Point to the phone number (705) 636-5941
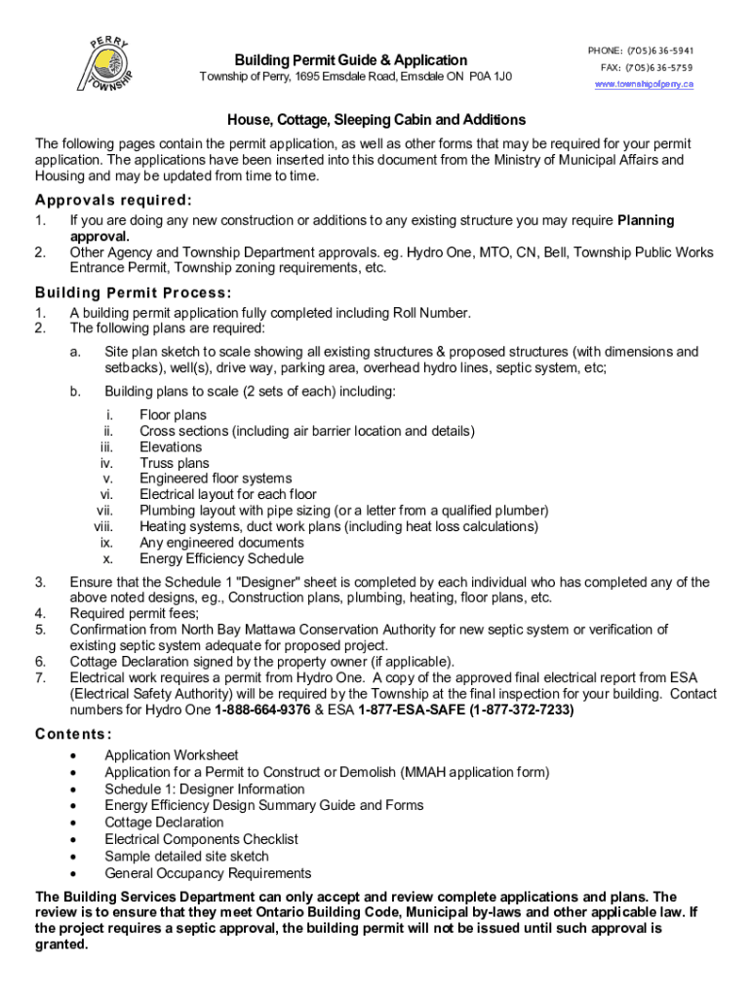pos(659,50)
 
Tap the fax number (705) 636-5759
pos(659,67)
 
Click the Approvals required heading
pos(113,201)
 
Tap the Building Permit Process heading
pos(133,292)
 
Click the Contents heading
pos(73,734)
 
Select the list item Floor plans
pos(173,415)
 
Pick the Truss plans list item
pos(175,463)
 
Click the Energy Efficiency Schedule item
pos(221,558)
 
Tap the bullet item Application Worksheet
pos(171,755)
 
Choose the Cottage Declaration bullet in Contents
pos(164,822)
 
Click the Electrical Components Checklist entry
pos(201,838)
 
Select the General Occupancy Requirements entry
pos(208,873)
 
